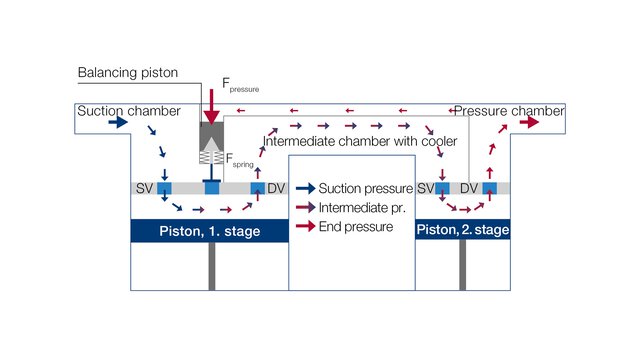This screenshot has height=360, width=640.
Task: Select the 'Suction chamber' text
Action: click(128, 110)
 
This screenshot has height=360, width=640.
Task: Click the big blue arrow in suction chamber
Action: click(117, 122)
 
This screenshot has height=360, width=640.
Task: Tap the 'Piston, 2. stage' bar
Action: click(463, 231)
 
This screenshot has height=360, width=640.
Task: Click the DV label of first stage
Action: click(277, 188)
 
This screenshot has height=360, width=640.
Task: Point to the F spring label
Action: click(238, 160)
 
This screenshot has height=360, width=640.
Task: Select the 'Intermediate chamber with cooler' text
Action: click(360, 140)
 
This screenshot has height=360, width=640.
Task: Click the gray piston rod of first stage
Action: click(211, 264)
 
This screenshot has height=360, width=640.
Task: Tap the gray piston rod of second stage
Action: click(462, 264)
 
